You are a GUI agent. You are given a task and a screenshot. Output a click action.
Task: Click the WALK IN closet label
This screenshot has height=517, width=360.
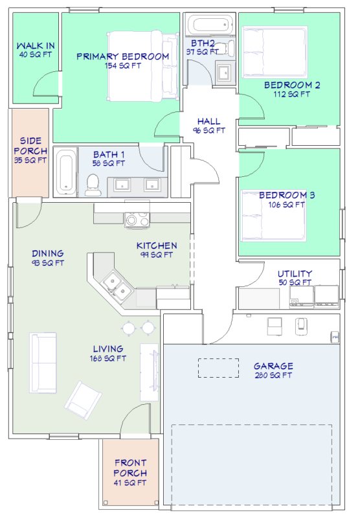(36, 45)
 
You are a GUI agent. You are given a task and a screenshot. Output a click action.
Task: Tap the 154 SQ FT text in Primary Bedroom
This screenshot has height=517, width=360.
(123, 65)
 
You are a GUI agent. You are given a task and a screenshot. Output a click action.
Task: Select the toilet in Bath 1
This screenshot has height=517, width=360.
(93, 185)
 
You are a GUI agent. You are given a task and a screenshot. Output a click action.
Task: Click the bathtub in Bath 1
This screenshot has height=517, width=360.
(65, 172)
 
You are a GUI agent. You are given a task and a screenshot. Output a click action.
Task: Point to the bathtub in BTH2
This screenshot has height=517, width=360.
(210, 24)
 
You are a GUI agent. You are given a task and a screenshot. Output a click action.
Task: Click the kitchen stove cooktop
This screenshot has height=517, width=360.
(137, 220)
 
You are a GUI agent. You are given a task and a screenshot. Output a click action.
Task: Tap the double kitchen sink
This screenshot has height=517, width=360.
(117, 286)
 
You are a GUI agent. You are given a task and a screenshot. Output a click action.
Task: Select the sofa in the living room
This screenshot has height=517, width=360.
(43, 363)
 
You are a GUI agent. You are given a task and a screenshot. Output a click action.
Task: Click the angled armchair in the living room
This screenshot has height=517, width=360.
(83, 400)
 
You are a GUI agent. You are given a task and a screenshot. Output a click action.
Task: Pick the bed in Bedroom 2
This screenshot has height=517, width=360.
(275, 52)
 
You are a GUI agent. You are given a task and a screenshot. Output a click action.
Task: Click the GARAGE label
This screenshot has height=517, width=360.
(273, 366)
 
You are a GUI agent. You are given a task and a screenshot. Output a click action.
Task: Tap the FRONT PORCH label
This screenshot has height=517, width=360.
(130, 468)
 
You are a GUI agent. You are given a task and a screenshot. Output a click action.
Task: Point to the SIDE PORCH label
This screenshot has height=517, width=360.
(30, 146)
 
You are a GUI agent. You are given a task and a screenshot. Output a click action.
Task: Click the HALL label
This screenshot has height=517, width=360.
(208, 121)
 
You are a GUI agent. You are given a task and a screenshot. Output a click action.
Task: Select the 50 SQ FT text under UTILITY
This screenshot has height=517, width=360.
(295, 282)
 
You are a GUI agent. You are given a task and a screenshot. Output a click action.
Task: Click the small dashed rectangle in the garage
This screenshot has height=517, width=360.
(219, 367)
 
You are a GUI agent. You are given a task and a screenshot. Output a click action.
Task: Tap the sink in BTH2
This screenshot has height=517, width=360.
(226, 72)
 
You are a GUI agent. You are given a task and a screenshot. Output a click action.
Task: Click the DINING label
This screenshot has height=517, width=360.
(48, 253)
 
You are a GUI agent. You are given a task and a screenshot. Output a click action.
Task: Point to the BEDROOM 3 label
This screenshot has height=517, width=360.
(287, 195)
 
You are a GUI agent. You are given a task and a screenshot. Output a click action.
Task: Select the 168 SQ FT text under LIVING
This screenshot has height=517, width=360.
(107, 358)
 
